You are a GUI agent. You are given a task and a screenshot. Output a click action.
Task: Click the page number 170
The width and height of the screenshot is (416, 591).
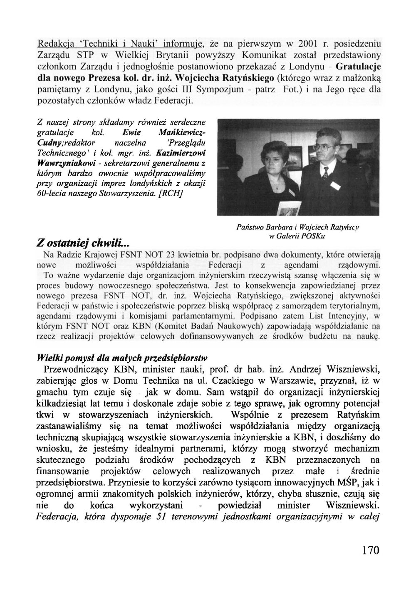coord(371,550)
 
